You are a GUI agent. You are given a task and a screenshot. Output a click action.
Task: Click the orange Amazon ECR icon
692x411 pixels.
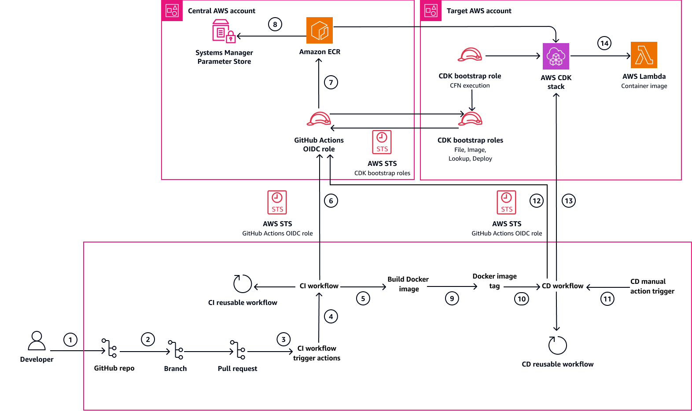pos(320,30)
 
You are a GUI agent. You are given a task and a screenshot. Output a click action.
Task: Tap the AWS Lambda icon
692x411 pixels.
pos(644,55)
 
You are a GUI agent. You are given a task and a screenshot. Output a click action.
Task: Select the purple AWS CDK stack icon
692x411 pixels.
pos(556,56)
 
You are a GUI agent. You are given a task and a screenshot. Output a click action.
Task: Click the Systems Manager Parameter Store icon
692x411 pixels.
pos(224,32)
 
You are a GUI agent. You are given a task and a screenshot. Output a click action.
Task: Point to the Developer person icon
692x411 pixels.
pos(37,341)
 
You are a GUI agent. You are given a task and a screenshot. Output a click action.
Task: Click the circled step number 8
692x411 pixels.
pos(275,24)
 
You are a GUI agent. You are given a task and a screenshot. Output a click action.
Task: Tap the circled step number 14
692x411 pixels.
pos(604,43)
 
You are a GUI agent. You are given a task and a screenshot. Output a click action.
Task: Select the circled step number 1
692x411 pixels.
pos(70,340)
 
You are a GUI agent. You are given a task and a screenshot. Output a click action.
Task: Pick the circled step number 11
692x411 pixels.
pos(607,299)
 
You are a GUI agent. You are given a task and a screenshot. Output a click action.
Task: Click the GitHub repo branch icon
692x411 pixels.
pos(110,348)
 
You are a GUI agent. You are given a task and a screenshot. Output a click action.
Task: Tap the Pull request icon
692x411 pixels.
pos(238,350)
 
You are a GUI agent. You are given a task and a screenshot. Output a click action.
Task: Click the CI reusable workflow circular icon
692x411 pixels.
pos(243,284)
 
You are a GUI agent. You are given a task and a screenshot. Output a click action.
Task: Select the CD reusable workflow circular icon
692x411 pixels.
pos(557,345)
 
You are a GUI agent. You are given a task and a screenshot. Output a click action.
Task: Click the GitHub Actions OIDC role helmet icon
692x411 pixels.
pos(319,119)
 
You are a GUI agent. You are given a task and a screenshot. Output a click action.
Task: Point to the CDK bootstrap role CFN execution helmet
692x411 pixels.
pos(470,55)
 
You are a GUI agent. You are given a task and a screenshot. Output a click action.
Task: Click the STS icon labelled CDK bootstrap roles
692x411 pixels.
pos(382,142)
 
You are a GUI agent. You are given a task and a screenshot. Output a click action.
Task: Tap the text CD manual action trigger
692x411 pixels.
pos(652,286)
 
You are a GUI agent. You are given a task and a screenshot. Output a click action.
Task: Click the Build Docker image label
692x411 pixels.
pos(408,284)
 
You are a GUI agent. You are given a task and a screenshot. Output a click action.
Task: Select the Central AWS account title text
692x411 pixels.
pos(221,11)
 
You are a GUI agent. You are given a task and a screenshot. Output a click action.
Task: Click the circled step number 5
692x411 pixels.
pos(363,298)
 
